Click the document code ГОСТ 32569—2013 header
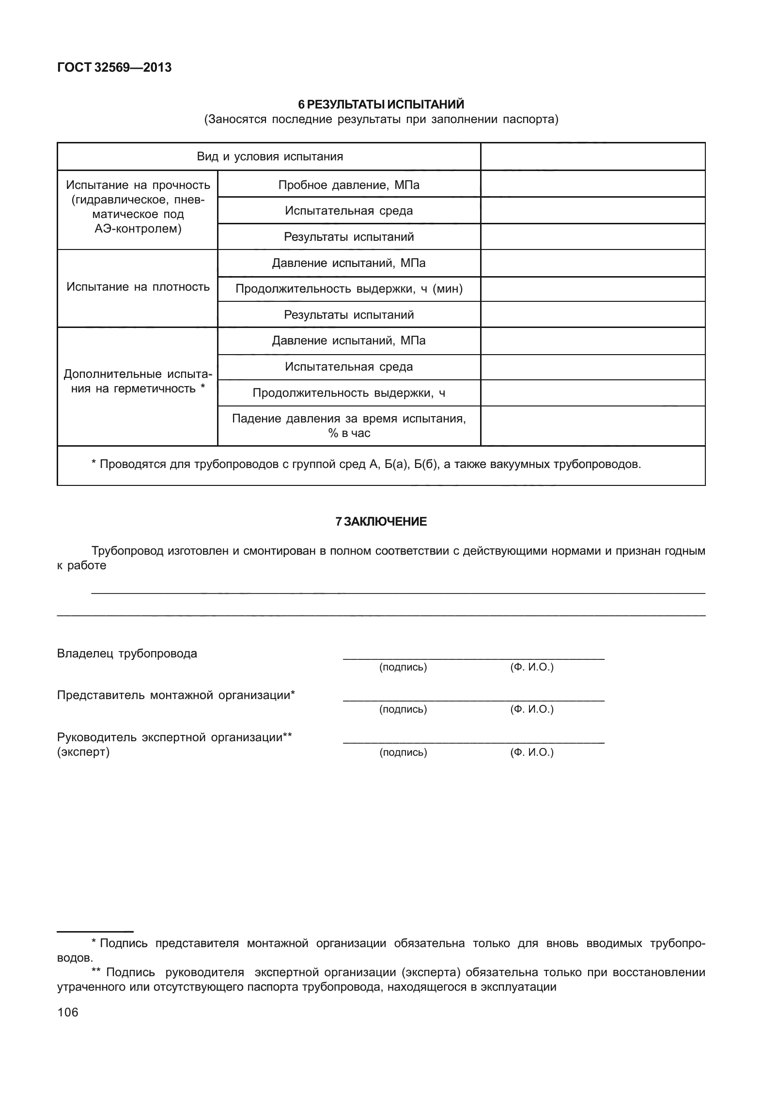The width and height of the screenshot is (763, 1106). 114,68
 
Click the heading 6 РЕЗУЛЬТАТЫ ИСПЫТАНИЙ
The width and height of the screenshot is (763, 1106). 381,105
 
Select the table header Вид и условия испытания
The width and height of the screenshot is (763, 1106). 269,156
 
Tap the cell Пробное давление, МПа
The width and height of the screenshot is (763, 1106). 349,185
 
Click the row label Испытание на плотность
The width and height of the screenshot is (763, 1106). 138,287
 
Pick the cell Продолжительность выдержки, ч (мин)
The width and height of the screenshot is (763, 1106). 349,289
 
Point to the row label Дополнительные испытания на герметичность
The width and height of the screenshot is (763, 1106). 138,381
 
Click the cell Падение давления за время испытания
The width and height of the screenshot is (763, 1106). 349,425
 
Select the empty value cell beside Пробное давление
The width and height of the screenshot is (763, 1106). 592,184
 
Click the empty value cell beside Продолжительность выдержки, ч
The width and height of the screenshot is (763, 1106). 592,393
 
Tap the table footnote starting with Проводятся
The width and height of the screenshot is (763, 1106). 366,465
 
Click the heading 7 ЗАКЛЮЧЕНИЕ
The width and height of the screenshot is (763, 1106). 381,522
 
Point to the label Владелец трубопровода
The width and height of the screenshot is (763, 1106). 127,654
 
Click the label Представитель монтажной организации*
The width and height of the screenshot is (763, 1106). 176,696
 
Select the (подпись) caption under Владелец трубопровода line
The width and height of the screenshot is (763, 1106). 403,668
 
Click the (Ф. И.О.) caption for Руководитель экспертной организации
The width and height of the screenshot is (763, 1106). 531,752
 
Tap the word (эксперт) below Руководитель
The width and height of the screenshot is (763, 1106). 83,752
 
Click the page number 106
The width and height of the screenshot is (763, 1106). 67,1013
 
